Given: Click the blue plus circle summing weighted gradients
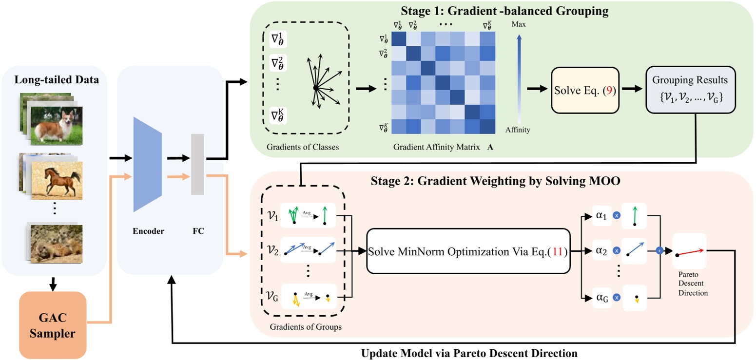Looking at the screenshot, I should (x=659, y=250).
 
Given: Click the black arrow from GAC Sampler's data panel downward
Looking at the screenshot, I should (x=53, y=282).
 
